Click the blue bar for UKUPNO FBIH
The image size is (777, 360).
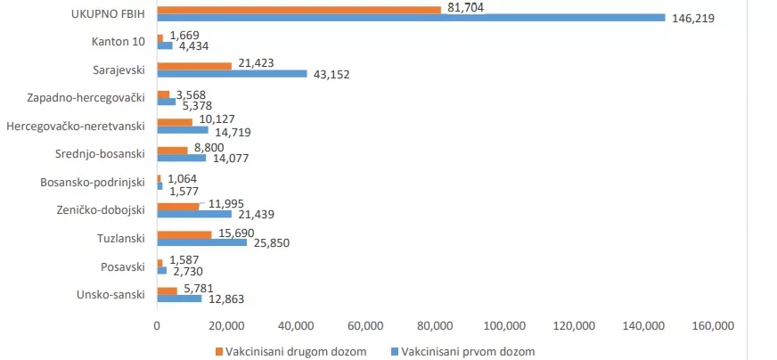pyautogui.click(x=410, y=17)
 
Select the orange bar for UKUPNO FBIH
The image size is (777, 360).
pyautogui.click(x=299, y=9)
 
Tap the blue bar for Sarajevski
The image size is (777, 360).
pyautogui.click(x=232, y=74)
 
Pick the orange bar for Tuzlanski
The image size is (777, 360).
pyautogui.click(x=184, y=235)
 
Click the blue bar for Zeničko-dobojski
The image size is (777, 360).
pyautogui.click(x=194, y=214)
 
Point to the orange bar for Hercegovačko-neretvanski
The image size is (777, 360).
pyautogui.click(x=175, y=122)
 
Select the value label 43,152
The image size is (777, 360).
pyautogui.click(x=331, y=75)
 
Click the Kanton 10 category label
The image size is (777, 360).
pyautogui.click(x=118, y=41)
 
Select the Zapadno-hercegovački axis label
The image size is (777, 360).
pyautogui.click(x=86, y=98)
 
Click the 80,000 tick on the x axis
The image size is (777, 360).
pyautogui.click(x=436, y=325)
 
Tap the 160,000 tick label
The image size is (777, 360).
pyautogui.click(x=715, y=325)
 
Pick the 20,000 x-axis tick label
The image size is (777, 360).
pyautogui.click(x=226, y=325)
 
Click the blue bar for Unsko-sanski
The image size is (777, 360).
pyautogui.click(x=179, y=299)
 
